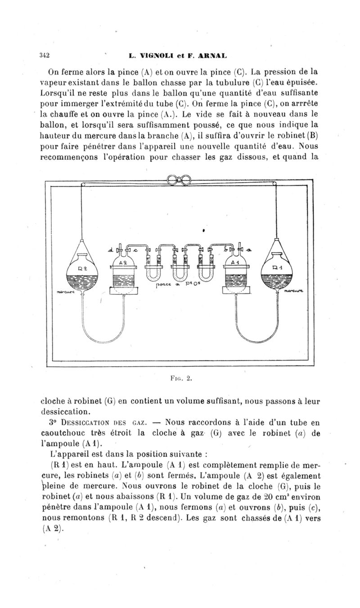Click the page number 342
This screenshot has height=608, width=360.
tap(44, 56)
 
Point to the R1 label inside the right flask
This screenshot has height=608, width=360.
tap(277, 266)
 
